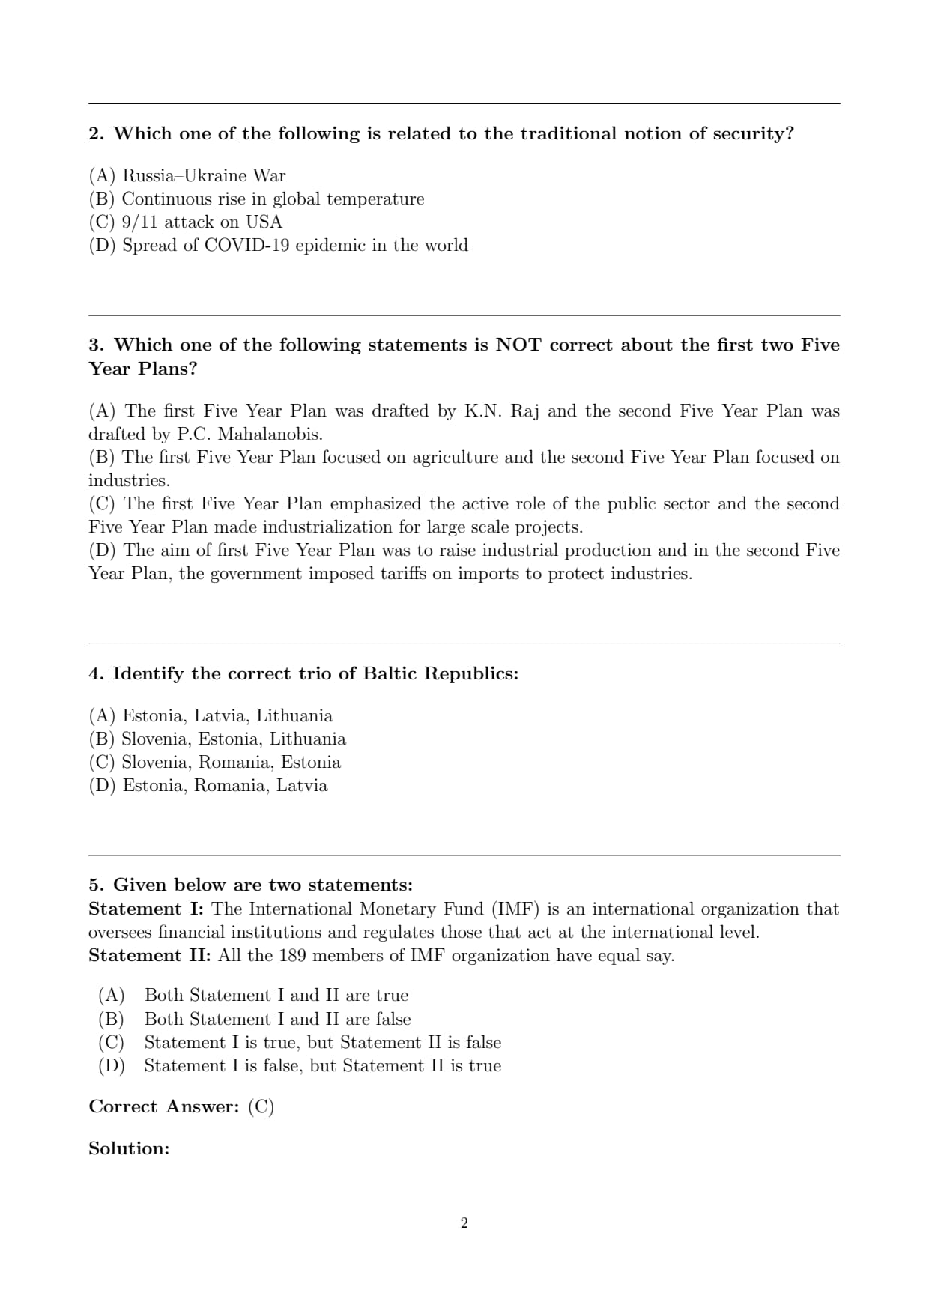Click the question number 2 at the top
pyautogui.click(x=95, y=133)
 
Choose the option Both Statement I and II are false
pyautogui.click(x=277, y=1020)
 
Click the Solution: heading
pyautogui.click(x=129, y=1149)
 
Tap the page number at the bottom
pyautogui.click(x=464, y=1223)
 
